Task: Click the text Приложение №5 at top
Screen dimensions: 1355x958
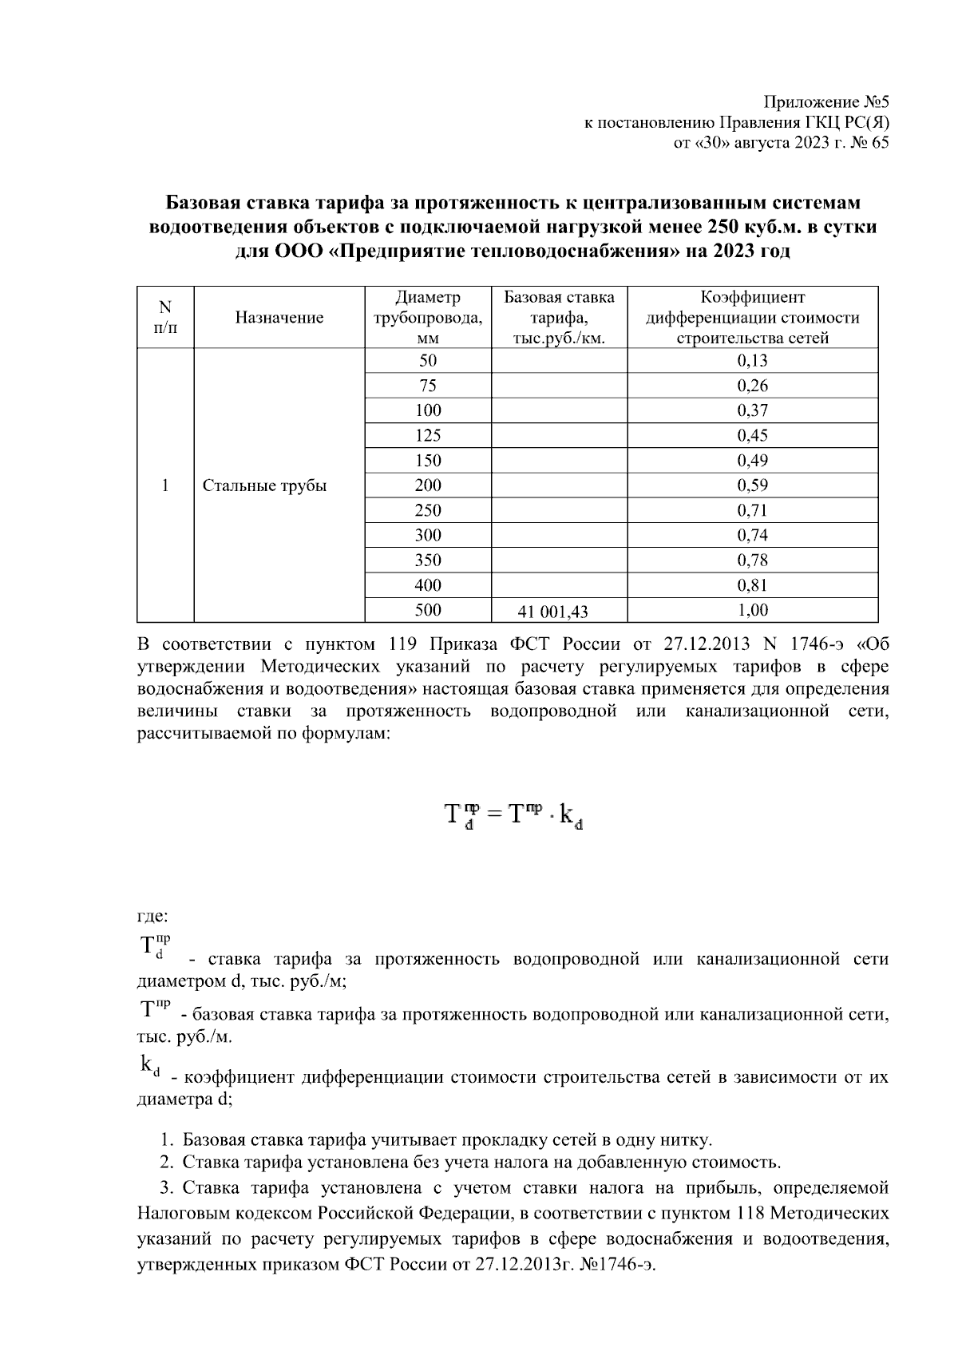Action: [825, 102]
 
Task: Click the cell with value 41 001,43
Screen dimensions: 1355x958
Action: [552, 612]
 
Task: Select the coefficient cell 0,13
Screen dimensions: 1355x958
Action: [752, 361]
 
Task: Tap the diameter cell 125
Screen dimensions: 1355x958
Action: [428, 436]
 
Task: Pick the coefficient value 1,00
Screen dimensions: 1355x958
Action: [752, 611]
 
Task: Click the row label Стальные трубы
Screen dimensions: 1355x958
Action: [264, 485]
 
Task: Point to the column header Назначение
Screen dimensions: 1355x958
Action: [279, 318]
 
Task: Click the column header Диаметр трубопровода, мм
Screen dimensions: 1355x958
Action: [428, 318]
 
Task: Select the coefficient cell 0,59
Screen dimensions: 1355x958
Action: [752, 485]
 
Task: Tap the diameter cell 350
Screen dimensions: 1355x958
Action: [428, 561]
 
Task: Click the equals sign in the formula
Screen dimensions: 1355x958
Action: [493, 814]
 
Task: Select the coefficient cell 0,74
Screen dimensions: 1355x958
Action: [752, 535]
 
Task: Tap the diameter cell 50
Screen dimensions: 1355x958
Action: [428, 361]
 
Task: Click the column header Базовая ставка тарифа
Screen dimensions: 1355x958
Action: [559, 318]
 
